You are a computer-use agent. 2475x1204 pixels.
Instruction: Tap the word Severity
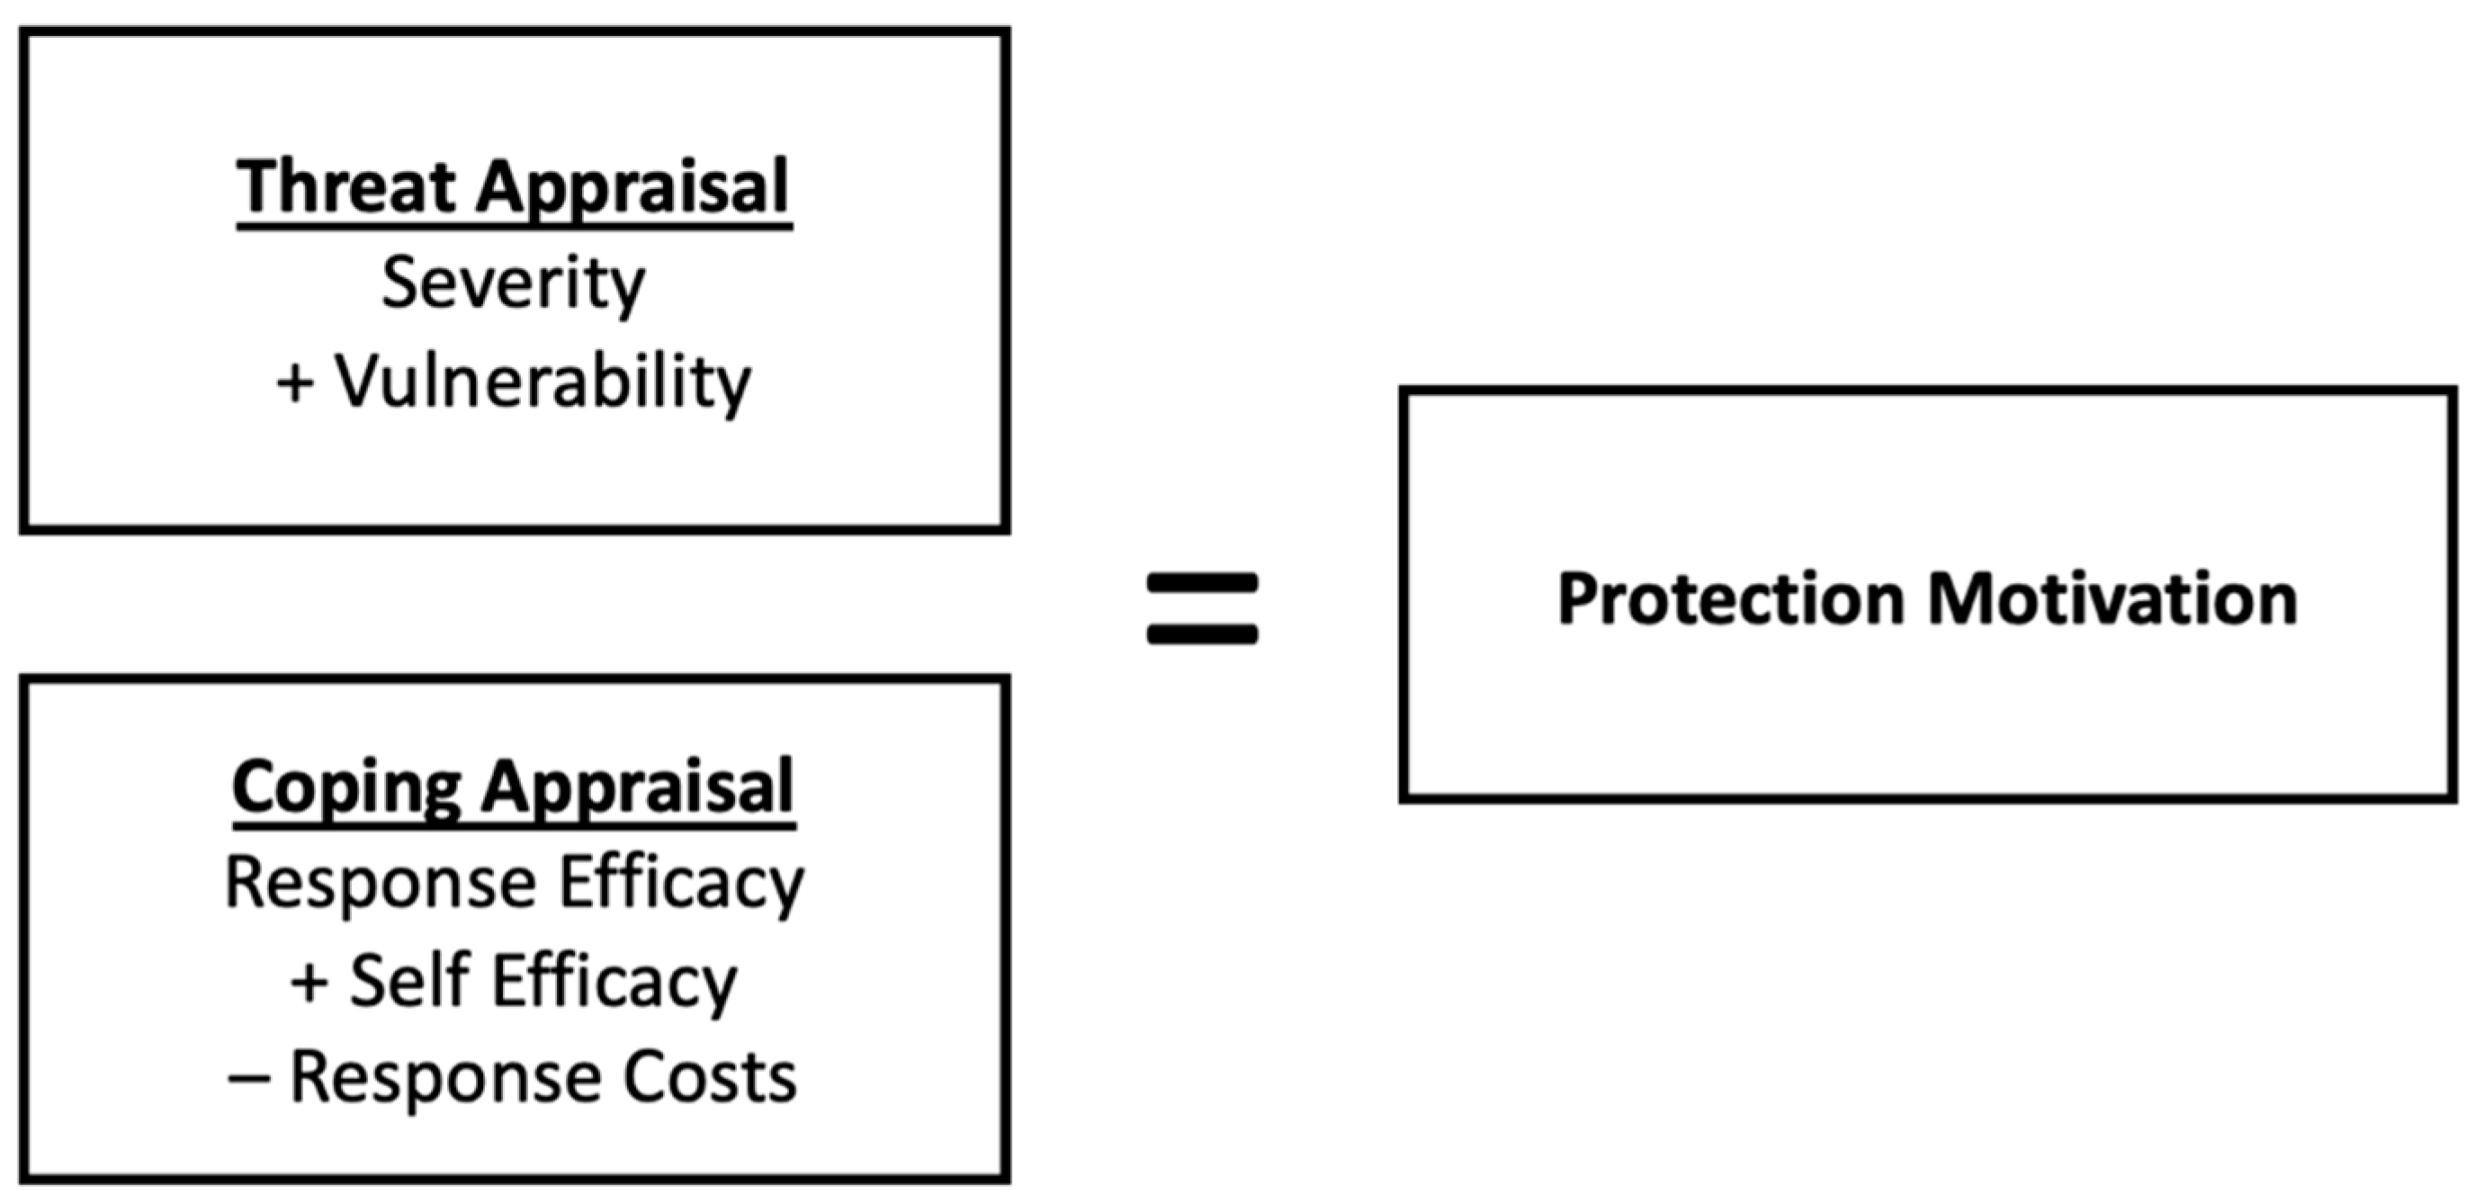[513, 284]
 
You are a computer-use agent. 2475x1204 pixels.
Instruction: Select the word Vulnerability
[542, 382]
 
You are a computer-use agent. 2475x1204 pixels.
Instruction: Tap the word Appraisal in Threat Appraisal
[632, 186]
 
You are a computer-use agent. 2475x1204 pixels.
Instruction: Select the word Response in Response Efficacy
[381, 882]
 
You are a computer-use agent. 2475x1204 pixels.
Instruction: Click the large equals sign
[1202, 607]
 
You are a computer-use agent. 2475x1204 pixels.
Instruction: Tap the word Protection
[1730, 599]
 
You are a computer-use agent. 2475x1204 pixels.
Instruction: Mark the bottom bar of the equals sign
[1202, 634]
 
